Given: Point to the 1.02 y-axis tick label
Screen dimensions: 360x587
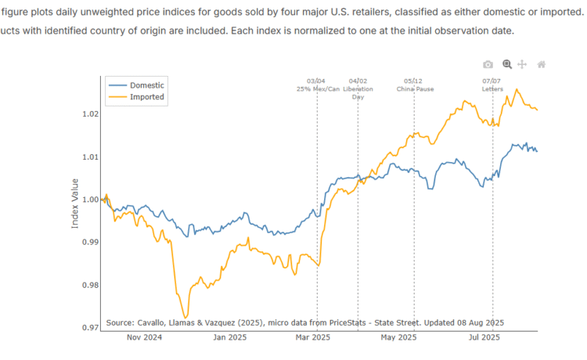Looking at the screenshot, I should click(89, 114).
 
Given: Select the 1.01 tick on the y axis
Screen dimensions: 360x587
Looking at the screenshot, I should click(89, 157).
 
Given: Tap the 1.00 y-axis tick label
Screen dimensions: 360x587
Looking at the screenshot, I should click(89, 200).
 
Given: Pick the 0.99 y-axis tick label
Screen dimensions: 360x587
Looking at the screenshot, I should click(89, 243).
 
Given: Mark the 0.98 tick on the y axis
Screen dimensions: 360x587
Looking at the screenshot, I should click(89, 285).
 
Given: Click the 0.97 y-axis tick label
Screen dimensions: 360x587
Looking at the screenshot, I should click(89, 328).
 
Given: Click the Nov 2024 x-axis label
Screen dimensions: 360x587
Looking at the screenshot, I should click(143, 338).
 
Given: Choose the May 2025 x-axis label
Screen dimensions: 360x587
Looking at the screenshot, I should click(399, 338).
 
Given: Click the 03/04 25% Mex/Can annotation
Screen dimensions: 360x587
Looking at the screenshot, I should click(317, 85).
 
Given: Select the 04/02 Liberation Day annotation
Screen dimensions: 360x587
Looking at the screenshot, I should click(359, 88).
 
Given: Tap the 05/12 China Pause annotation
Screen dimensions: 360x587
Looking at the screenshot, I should click(414, 85).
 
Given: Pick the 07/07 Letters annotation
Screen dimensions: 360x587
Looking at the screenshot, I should click(492, 85).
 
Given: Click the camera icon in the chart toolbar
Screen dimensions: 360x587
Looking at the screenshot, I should click(488, 64).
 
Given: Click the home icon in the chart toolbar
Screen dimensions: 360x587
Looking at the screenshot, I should click(541, 64).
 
